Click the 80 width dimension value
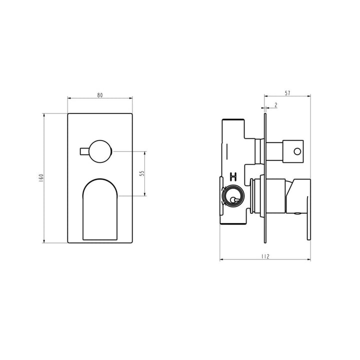pyautogui.click(x=100, y=95)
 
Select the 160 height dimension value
pyautogui.click(x=41, y=178)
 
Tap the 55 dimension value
pyautogui.click(x=142, y=173)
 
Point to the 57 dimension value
pyautogui.click(x=287, y=93)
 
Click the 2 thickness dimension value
pyautogui.click(x=276, y=105)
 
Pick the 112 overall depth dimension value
pyautogui.click(x=265, y=256)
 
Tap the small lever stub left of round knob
pyautogui.click(x=84, y=151)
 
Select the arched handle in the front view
pyautogui.click(x=100, y=209)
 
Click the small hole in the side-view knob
pyautogui.click(x=297, y=151)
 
